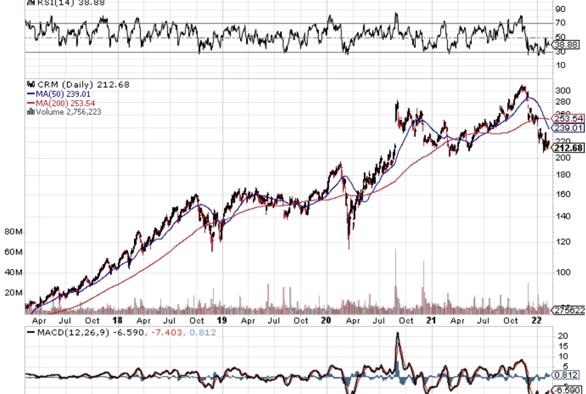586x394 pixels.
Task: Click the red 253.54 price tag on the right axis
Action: [x=568, y=118]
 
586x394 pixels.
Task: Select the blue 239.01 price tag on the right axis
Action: [x=568, y=128]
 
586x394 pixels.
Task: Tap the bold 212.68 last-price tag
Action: [x=568, y=148]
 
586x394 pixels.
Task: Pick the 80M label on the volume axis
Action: [x=13, y=231]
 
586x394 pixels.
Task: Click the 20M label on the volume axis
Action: [x=13, y=293]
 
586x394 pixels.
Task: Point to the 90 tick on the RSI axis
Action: [x=560, y=9]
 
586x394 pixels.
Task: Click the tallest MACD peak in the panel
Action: [x=397, y=334]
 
